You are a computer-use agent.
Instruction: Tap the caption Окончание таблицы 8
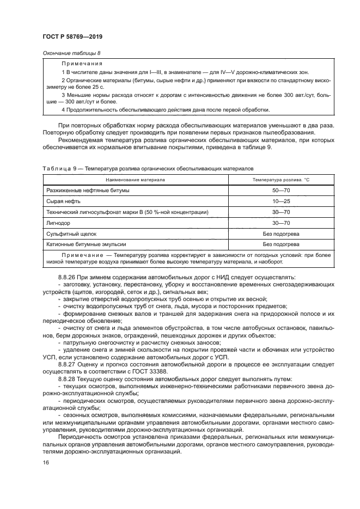pos(71,53)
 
